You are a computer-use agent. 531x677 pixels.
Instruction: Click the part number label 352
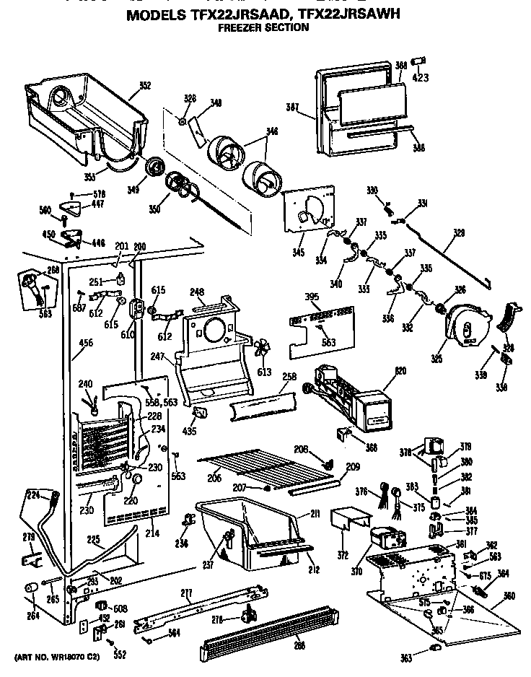coord(144,85)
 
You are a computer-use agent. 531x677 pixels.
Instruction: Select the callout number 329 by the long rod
coord(459,234)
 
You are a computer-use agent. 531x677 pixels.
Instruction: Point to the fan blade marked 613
coord(263,349)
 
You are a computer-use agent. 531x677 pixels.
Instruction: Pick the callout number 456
coord(85,343)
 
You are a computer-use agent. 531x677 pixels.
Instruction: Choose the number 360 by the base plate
coord(509,596)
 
